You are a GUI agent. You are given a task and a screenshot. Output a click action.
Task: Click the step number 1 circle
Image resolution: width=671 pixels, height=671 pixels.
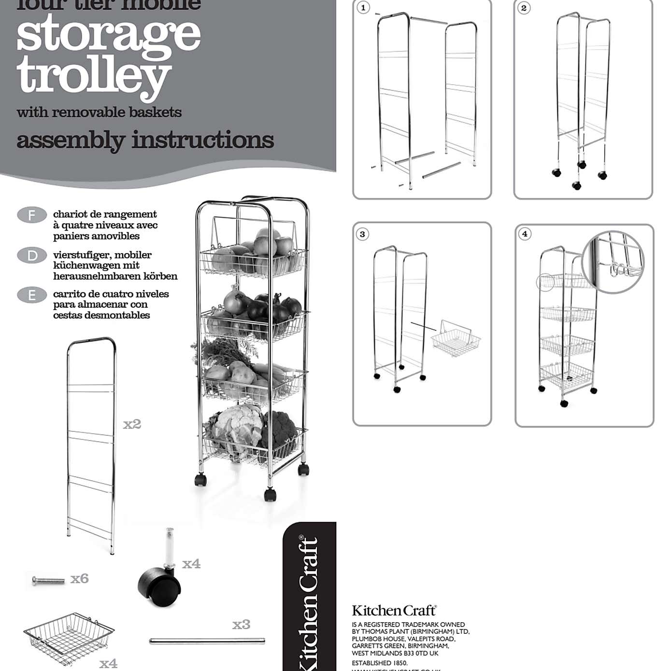pos(363,8)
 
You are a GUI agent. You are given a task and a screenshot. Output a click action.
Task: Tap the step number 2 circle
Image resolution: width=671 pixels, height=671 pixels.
pos(524,8)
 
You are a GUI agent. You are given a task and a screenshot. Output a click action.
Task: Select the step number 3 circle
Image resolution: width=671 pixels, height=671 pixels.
pos(362,234)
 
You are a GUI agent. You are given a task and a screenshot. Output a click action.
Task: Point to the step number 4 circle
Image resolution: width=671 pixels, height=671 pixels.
pos(525,234)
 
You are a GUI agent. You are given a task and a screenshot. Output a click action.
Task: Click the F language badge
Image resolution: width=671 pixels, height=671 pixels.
pos(32,215)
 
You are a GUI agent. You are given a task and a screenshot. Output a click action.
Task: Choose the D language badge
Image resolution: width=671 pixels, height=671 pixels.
pos(32,255)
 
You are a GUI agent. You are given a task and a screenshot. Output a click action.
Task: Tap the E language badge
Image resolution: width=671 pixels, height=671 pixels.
pos(32,295)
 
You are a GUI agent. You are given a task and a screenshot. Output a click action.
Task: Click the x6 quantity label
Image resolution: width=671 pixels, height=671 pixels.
pos(80,579)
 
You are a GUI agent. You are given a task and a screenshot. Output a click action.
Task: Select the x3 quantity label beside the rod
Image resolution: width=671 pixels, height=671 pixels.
pos(241,625)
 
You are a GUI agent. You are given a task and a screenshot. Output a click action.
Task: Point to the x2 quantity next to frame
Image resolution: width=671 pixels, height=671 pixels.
pos(132,424)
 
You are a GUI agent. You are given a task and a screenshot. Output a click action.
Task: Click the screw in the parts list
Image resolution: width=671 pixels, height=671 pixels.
pos(48,580)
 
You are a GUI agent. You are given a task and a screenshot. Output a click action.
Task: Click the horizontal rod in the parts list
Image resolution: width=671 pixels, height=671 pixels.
pos(207,641)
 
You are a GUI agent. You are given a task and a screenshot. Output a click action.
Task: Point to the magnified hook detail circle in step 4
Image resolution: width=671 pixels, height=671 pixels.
pos(613,261)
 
